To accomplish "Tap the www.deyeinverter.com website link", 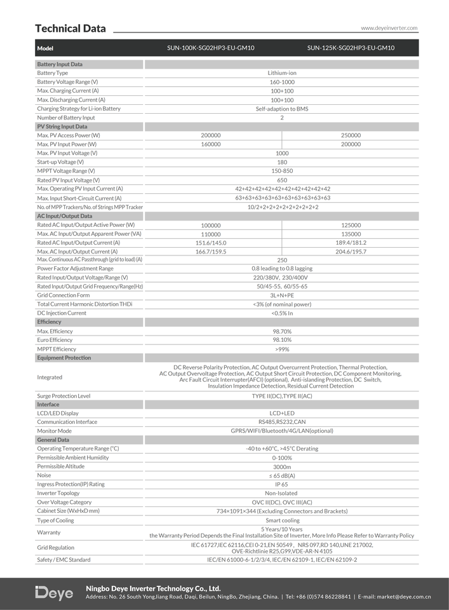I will pos(389,28).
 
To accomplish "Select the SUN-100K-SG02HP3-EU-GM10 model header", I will pos(211,48).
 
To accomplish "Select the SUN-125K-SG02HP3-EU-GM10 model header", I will pos(351,48).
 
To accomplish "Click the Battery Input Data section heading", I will pos(60,64).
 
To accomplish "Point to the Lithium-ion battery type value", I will pos(282,73).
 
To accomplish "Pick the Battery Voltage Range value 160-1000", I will pos(282,82).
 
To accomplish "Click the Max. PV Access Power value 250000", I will pos(351,135).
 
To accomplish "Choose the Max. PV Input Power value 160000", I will pos(211,144).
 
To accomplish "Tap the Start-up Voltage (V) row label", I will pos(60,162).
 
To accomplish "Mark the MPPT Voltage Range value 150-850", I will pos(282,171).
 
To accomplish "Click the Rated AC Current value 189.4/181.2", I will pos(351,243).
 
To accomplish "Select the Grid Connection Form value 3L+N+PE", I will pos(282,295).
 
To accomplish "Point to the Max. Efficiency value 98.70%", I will pos(282,331).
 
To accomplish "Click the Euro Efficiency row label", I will pos(55,340).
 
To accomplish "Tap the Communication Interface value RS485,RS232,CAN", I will pos(282,422).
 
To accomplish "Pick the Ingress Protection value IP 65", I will pos(282,484).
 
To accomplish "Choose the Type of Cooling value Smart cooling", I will pos(282,520).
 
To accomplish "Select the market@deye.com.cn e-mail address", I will pos(403,597).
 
